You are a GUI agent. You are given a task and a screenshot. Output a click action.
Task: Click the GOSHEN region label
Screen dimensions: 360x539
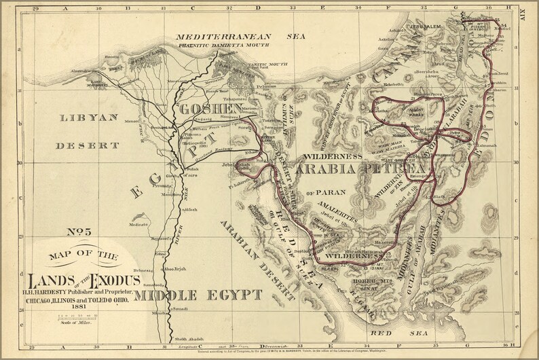[x=208, y=109]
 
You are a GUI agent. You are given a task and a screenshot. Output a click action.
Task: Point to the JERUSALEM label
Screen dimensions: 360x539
[x=424, y=26]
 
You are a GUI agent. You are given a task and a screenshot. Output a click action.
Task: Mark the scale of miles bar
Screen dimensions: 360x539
[x=75, y=317]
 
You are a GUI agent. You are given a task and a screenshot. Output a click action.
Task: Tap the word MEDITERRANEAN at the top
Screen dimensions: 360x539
[x=223, y=37]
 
